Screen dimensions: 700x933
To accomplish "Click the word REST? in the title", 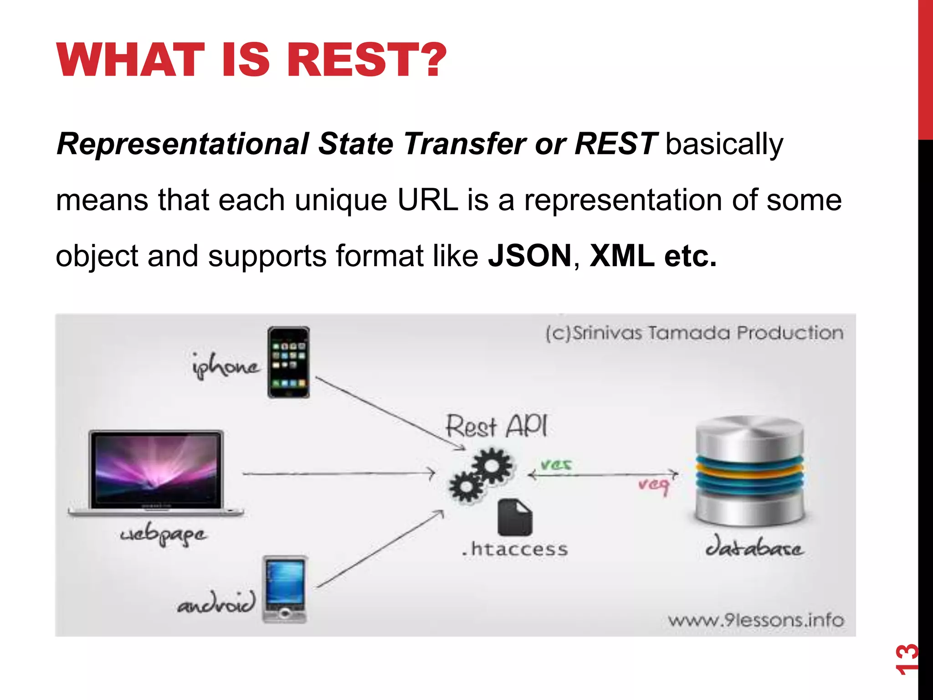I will (367, 60).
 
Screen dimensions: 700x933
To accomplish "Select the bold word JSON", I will (529, 256).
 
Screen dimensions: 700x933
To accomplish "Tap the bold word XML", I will (621, 256).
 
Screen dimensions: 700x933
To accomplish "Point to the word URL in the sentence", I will (427, 200).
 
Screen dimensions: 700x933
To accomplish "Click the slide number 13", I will (907, 659).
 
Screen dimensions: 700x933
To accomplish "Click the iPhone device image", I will (288, 362).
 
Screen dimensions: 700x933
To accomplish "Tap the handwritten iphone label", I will (226, 366).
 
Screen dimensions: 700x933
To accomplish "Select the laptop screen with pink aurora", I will (157, 469).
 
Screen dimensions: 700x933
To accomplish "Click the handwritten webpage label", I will (163, 535).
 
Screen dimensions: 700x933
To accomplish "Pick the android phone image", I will (285, 589).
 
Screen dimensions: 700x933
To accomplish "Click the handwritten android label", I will (216, 604).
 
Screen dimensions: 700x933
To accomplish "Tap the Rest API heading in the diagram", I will (496, 426).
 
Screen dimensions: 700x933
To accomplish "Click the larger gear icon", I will (492, 466).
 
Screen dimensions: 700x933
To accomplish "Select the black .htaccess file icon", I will (514, 517).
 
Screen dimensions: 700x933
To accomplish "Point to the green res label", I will (556, 464).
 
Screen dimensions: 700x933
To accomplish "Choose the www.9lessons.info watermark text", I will (756, 620).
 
